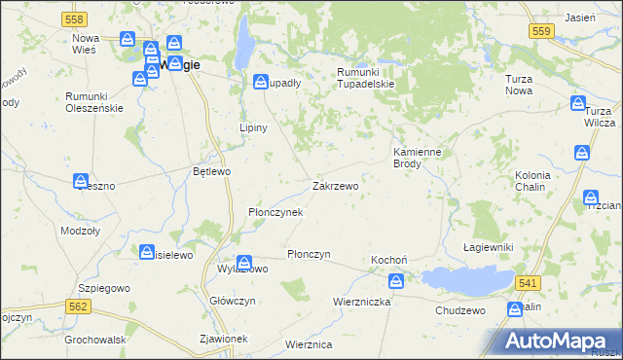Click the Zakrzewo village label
pos(336,185)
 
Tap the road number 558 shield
pos(72,19)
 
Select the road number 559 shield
pos(542,32)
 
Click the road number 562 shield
pos(79,306)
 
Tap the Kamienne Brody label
pos(419,159)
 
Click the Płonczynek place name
pos(276,211)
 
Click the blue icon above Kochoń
pos(396,281)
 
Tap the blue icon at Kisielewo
pos(147,252)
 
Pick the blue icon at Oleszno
pos(82,180)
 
